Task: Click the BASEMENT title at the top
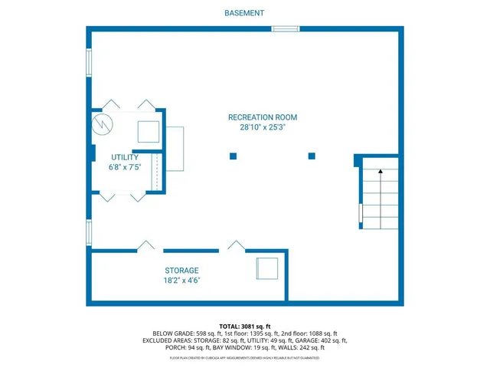tap(245, 13)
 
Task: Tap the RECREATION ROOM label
tap(262, 117)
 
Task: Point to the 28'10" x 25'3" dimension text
tap(262, 128)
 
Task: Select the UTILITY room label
tap(124, 157)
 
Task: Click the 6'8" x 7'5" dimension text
tap(124, 167)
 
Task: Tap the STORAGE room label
tap(181, 271)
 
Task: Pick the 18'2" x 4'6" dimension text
tap(181, 281)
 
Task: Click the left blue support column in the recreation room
tap(233, 156)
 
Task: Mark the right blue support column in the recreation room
tap(312, 156)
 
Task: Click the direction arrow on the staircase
tap(381, 173)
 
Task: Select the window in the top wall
tap(285, 29)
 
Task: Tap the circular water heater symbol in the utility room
tap(102, 124)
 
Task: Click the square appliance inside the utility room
tap(148, 132)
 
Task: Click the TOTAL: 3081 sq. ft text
tap(245, 326)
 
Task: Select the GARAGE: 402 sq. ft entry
tap(322, 340)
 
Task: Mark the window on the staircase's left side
tap(361, 216)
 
